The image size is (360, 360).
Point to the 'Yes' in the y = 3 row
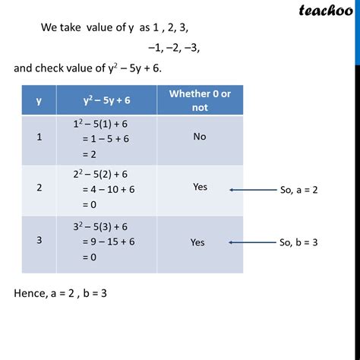[197, 243]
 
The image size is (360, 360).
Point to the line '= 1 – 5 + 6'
[103, 140]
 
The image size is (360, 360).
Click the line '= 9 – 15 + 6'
[106, 243]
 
